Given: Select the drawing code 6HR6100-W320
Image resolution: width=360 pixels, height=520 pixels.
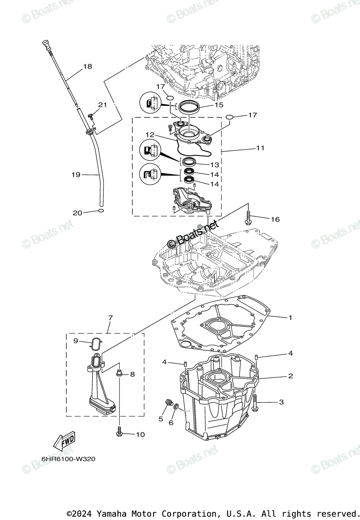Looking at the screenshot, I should pos(68,459).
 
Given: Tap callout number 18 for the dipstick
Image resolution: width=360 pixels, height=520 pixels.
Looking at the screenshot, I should pos(88,67).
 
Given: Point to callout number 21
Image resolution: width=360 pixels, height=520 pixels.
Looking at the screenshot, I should pos(102,105).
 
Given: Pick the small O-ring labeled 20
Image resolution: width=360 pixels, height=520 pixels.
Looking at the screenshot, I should pos(101,211).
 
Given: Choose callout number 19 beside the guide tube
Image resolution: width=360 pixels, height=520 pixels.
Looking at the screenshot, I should pos(76,175).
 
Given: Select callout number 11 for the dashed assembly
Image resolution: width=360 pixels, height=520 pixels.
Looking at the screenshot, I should pos(260,148).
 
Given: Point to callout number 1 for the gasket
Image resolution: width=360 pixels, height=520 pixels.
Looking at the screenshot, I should pos(290,318).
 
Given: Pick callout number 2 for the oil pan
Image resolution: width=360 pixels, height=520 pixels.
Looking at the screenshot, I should pos(290,376).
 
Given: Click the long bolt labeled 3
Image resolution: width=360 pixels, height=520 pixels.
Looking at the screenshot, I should pos(255,403).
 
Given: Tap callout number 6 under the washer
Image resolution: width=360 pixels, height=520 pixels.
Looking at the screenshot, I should pos(171,422).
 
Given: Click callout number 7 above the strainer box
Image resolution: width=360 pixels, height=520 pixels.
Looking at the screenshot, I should pos(110,318).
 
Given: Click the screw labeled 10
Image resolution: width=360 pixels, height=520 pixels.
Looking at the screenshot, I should pos(119,431).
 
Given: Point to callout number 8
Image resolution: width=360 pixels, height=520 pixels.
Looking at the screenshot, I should pos(132,374).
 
